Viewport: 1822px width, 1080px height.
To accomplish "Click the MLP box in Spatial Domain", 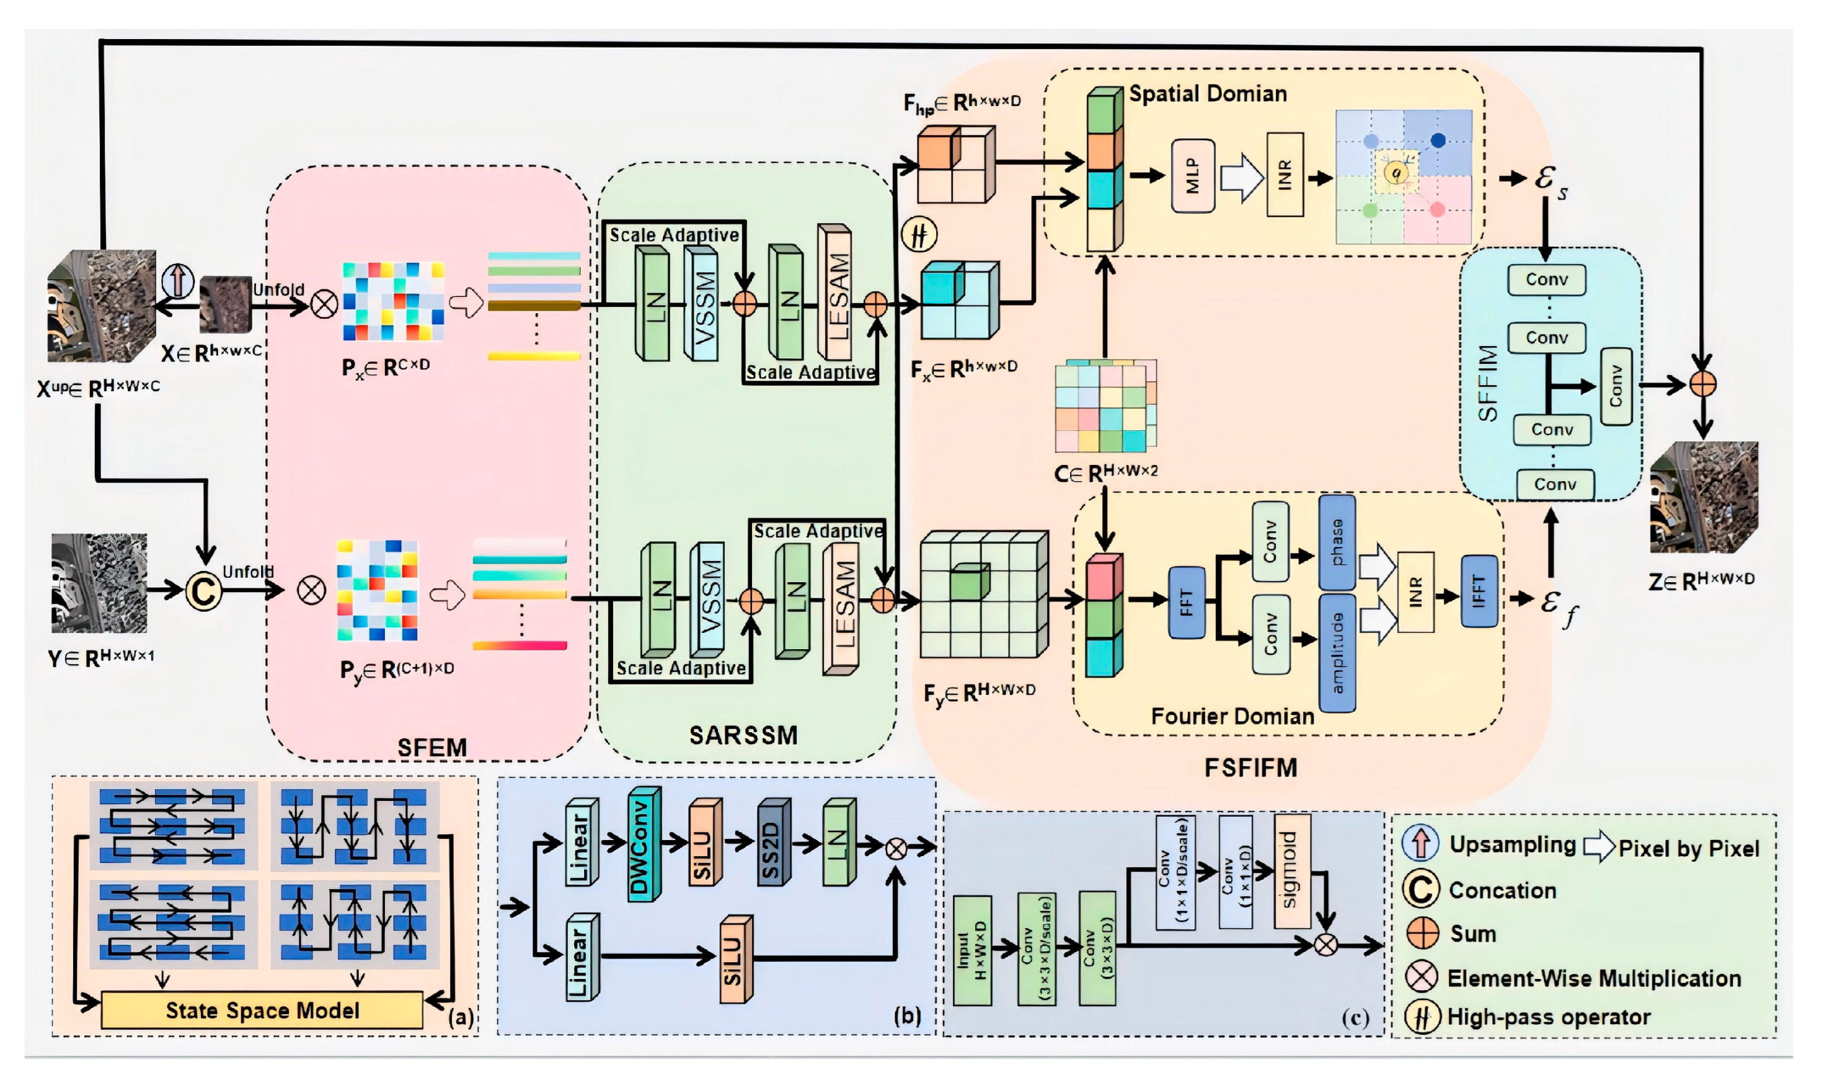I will (1193, 176).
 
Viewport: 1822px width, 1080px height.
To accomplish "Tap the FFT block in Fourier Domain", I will (1186, 602).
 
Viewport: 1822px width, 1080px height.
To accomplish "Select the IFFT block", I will (1479, 590).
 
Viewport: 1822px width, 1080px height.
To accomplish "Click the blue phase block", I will (1337, 542).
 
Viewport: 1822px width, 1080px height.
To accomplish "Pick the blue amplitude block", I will (1337, 652).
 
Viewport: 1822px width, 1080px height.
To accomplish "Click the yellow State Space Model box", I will (262, 1010).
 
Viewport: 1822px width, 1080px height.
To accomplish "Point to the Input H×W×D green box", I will (971, 950).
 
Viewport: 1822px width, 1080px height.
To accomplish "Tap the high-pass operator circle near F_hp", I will (919, 234).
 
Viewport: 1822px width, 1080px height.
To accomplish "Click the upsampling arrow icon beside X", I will (177, 280).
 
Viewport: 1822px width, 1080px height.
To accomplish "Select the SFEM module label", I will (431, 748).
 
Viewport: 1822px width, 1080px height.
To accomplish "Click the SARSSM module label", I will (743, 735).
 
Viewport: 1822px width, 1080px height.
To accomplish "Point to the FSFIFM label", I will (1250, 767).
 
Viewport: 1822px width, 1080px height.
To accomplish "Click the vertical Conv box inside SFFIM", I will (1616, 386).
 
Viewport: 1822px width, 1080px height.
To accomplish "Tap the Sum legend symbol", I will (1422, 933).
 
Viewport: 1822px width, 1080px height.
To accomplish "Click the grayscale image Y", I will (99, 583).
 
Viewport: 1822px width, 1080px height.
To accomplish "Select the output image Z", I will (1703, 497).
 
